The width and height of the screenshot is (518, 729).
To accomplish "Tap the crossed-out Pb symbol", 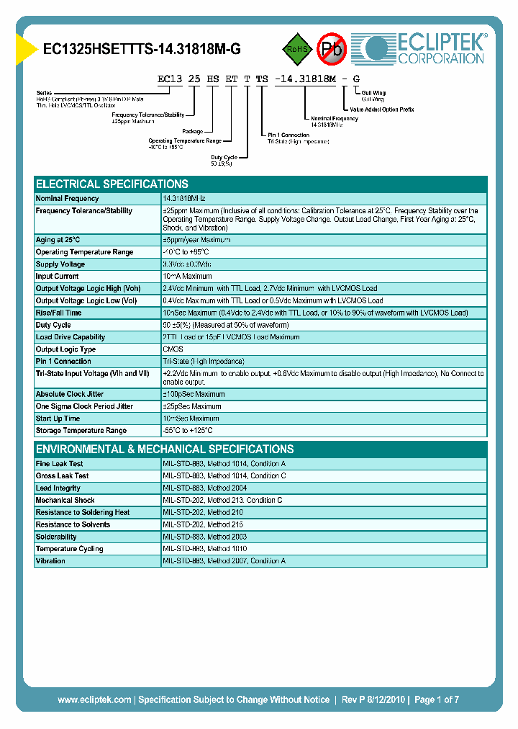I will tap(332, 49).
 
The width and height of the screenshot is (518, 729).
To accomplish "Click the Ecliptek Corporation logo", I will tap(424, 48).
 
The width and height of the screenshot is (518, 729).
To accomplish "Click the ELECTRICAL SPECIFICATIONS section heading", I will tap(112, 184).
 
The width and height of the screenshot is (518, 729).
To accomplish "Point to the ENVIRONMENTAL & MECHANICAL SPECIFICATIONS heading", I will tap(165, 449).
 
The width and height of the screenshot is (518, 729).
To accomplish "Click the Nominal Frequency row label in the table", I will tap(68, 198).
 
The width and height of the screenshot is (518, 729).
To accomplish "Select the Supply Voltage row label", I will tap(60, 264).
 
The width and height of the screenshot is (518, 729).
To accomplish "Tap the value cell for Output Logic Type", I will tap(173, 349).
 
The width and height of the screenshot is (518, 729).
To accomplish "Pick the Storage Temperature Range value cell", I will tap(188, 431).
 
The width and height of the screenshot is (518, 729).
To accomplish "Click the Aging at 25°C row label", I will tap(58, 240).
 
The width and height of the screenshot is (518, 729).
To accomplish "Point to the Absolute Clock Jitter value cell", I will tap(194, 395).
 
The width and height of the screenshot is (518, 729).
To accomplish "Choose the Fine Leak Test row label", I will tap(60, 464).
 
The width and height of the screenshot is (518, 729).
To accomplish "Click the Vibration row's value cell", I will tap(224, 561).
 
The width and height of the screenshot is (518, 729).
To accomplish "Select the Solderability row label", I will tap(56, 537).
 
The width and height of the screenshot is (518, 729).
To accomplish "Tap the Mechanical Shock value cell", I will tap(222, 501).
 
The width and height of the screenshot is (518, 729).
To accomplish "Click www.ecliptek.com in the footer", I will tap(94, 699).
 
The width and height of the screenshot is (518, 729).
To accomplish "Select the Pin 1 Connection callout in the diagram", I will tap(288, 135).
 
